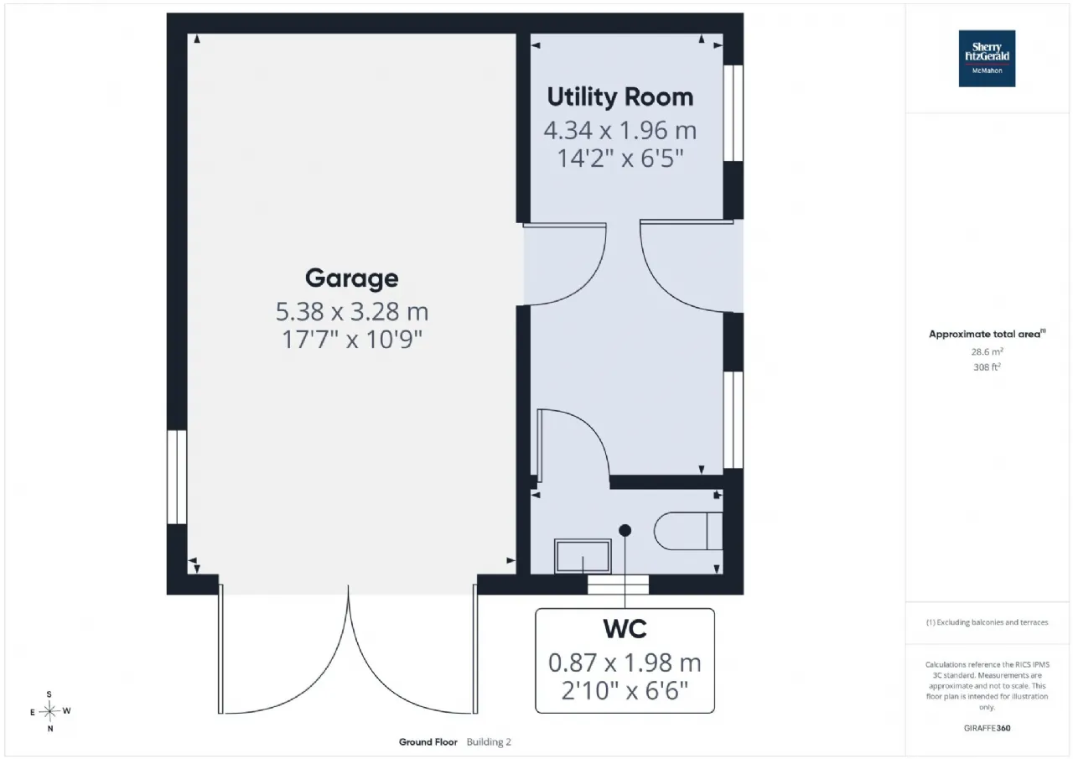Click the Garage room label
tap(351, 278)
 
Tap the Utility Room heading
tap(619, 96)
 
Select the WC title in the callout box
tap(625, 629)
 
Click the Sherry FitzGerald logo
tap(987, 59)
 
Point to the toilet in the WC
tap(688, 530)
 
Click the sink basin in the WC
tap(583, 556)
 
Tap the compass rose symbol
tap(49, 711)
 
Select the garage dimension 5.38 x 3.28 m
tap(351, 311)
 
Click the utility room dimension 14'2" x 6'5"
tap(619, 159)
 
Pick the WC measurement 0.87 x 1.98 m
tap(625, 663)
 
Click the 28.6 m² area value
tap(987, 351)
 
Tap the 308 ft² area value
tap(987, 367)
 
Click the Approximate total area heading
tap(987, 334)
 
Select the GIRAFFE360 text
tap(987, 728)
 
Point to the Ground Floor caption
tap(428, 741)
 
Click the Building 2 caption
tap(489, 741)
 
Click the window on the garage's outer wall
tap(177, 477)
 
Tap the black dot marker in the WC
tap(625, 530)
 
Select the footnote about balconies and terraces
tap(987, 622)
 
